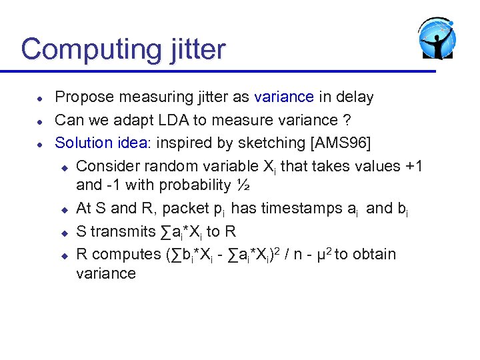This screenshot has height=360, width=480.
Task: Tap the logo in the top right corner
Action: coord(437,39)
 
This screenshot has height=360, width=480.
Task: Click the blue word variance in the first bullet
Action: coord(284,97)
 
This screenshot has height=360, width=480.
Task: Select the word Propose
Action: coord(83,97)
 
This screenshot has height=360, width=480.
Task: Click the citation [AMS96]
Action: coord(337,143)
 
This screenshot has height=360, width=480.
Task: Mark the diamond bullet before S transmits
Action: coord(65,233)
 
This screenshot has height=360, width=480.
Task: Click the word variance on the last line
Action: coord(106,273)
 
